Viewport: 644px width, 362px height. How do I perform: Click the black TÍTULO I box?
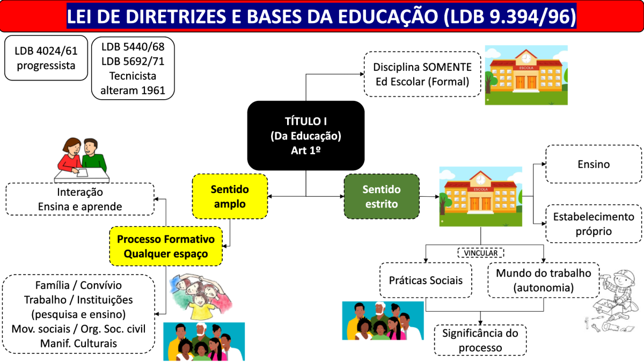tap(305, 136)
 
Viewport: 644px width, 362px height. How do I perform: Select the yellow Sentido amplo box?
tap(230, 196)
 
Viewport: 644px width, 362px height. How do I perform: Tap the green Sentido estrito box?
tap(381, 196)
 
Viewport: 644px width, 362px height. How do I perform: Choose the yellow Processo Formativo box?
tap(166, 246)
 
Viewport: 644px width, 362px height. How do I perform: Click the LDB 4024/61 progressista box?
tap(46, 58)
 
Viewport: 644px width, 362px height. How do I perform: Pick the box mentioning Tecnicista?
tap(133, 68)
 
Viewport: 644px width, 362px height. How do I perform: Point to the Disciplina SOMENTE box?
tap(422, 75)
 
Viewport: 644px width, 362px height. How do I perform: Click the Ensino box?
tap(594, 164)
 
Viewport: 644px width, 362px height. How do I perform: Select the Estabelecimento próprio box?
tap(594, 224)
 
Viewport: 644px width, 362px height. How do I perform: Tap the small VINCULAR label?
tap(480, 252)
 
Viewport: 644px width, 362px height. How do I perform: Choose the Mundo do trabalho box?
tap(543, 280)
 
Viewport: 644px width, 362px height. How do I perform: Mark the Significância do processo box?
tap(480, 340)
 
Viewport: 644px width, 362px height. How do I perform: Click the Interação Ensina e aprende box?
tap(80, 199)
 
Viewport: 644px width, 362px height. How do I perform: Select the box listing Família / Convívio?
tap(78, 314)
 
